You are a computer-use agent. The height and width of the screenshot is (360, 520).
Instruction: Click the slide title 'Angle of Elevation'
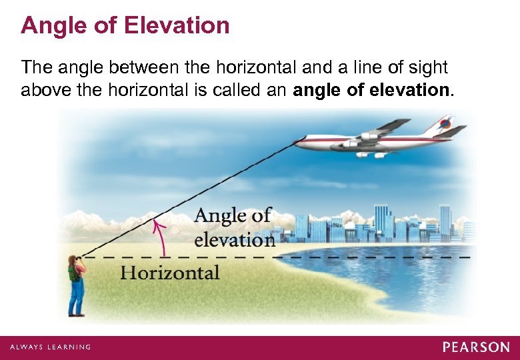[x=125, y=26]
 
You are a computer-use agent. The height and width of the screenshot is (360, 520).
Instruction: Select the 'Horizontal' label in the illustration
[x=170, y=273]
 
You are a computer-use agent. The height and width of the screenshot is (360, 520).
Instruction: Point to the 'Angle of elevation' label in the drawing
[x=234, y=227]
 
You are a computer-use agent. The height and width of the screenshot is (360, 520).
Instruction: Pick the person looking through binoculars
[x=76, y=283]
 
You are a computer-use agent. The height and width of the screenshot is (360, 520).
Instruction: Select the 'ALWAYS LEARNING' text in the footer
[x=50, y=347]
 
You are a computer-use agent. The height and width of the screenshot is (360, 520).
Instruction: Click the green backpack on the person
[x=72, y=273]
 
